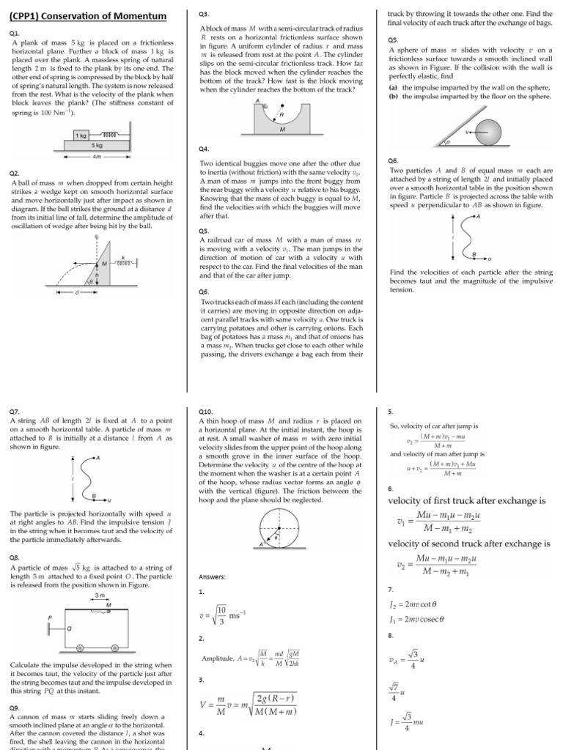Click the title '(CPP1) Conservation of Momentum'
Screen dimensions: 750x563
tap(87, 17)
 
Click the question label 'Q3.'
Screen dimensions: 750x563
tap(204, 15)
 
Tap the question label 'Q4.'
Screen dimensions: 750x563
tap(204, 149)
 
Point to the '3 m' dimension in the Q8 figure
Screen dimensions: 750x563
tap(100, 595)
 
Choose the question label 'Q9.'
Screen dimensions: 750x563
tap(14, 708)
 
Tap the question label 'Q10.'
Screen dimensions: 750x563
tap(206, 412)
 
